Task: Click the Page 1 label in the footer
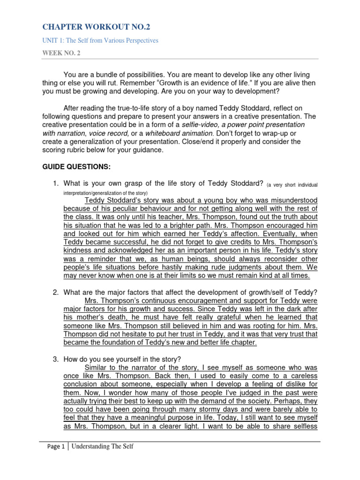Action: tap(56, 447)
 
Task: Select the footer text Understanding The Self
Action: tap(103, 447)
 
